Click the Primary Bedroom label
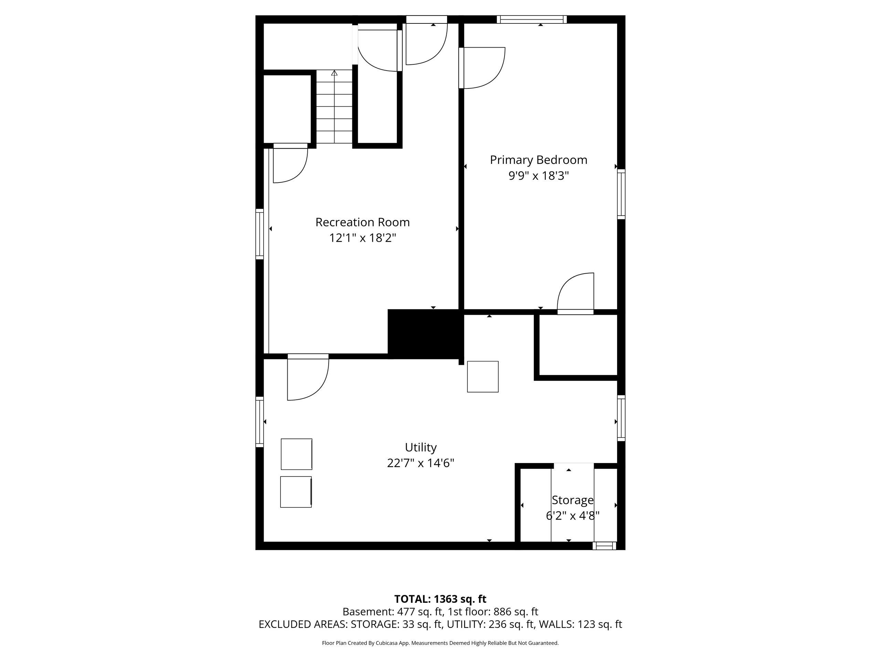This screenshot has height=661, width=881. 539,160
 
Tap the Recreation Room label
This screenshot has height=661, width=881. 362,222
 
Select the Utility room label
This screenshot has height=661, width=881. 421,448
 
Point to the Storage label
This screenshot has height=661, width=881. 572,500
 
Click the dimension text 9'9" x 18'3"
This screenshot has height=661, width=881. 539,176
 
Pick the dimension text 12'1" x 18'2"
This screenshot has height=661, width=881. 362,238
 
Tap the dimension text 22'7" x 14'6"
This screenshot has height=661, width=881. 421,463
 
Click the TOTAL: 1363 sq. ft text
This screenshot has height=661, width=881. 440,599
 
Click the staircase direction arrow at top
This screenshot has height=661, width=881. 334,73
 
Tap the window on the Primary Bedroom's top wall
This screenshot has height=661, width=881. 532,20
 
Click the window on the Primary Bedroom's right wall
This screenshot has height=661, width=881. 621,194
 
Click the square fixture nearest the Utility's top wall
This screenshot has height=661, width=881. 483,377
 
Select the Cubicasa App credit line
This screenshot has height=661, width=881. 440,643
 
